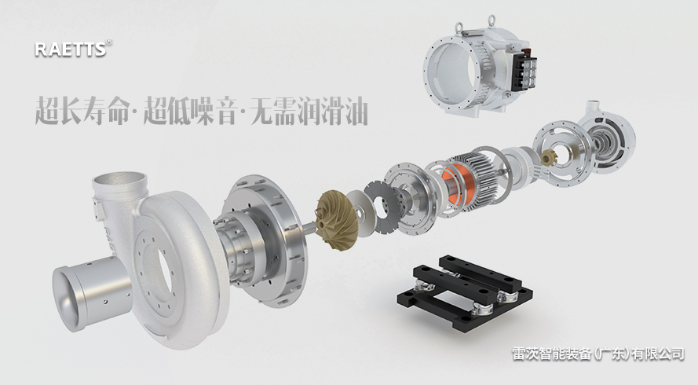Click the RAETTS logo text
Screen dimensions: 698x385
click(x=71, y=49)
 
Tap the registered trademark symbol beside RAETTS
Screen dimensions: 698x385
click(x=109, y=42)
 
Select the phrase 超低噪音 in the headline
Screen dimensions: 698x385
click(x=189, y=110)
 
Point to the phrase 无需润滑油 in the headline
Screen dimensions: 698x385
click(x=309, y=110)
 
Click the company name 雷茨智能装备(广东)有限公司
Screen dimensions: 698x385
click(x=598, y=354)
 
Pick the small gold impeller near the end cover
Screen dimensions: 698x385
click(x=548, y=158)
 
